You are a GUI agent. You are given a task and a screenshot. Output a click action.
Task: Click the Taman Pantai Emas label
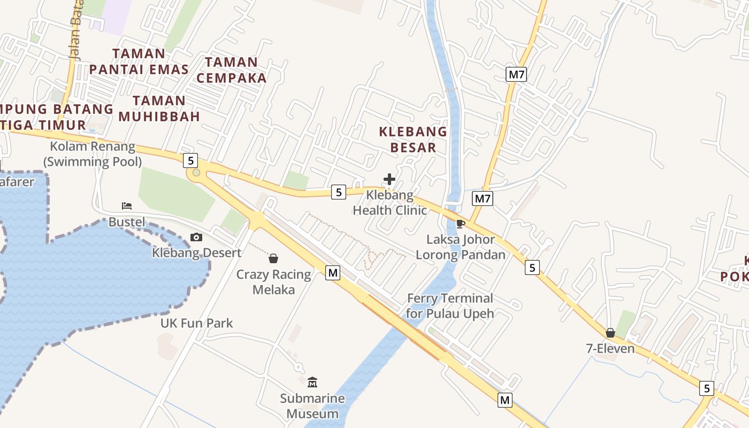(139, 62)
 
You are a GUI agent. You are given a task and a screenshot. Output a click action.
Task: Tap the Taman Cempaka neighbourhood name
(231, 70)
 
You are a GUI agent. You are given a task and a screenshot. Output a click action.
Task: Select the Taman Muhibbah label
(159, 109)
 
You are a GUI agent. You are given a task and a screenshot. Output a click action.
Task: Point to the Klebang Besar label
(413, 139)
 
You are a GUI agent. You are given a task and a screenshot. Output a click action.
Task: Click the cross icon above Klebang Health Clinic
(389, 179)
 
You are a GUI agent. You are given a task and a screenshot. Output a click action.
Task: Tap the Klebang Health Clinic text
(389, 203)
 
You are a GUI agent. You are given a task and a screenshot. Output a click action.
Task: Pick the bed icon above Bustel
(127, 206)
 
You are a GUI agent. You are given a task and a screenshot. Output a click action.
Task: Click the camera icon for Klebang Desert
(196, 237)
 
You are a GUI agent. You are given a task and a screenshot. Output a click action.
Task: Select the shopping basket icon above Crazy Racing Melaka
(273, 259)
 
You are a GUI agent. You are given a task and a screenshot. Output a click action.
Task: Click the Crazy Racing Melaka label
(273, 282)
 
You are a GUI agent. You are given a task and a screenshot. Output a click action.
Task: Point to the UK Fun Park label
(197, 323)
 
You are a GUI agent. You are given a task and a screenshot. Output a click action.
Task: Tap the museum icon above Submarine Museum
(312, 382)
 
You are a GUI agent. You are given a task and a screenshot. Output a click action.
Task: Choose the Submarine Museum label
(312, 406)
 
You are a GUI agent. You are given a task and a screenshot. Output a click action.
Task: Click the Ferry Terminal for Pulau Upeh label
(450, 305)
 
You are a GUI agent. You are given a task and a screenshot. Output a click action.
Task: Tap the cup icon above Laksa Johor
(460, 224)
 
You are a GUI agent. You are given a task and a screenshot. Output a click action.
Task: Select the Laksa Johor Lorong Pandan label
(460, 247)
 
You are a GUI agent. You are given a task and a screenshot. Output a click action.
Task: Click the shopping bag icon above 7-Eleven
(610, 333)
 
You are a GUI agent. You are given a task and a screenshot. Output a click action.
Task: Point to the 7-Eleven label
(610, 349)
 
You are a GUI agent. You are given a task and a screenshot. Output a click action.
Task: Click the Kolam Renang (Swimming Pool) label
(93, 154)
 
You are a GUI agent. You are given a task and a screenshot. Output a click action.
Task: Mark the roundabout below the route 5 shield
(196, 172)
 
